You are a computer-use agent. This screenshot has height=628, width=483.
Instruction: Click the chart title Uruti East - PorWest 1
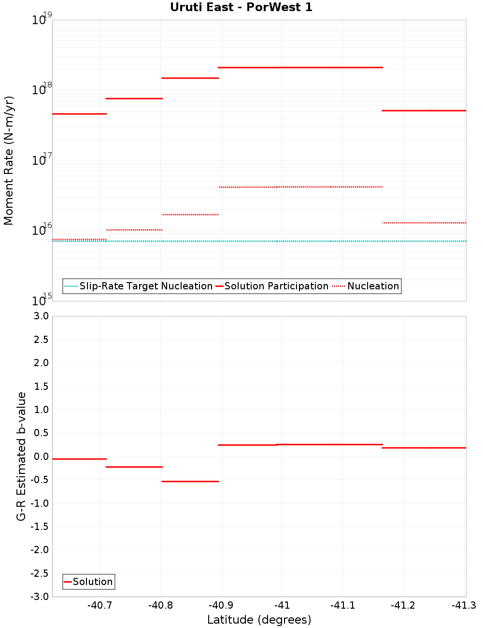click(241, 7)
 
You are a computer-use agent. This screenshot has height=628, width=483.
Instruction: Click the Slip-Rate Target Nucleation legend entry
click(145, 286)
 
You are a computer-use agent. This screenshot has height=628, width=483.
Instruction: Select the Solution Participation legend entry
click(276, 286)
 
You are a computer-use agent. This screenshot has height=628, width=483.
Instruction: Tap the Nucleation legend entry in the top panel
click(373, 286)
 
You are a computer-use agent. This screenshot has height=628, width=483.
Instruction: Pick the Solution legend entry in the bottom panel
click(92, 582)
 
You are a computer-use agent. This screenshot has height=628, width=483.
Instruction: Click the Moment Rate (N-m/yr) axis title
click(9, 160)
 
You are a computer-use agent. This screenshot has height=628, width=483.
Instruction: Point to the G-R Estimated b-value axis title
click(21, 456)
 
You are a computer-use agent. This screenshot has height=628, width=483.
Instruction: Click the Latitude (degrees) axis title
click(259, 620)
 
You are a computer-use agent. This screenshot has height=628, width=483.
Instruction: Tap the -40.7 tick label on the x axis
click(99, 606)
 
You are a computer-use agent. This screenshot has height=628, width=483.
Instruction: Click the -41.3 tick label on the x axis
click(464, 606)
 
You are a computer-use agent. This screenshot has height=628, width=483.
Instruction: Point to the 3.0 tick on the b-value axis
click(40, 316)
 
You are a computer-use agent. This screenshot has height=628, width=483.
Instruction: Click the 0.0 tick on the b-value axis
click(40, 457)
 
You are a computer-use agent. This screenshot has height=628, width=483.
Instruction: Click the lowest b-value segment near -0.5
click(190, 481)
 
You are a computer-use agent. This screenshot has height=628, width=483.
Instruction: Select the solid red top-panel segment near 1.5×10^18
click(190, 78)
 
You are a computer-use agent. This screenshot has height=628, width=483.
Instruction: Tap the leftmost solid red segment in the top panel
click(79, 114)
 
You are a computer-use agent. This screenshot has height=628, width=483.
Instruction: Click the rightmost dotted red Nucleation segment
click(424, 223)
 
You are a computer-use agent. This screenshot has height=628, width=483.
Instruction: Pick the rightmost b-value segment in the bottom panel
click(424, 448)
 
